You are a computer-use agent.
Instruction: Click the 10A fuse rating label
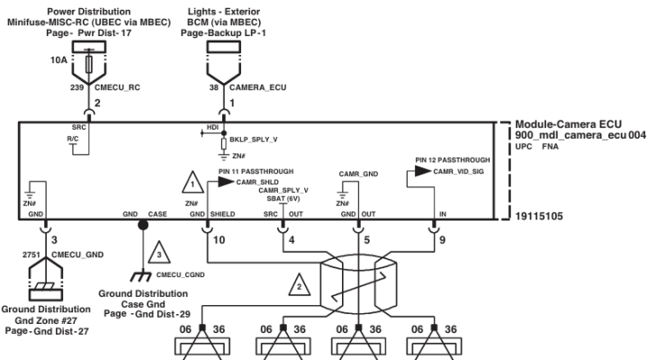58,60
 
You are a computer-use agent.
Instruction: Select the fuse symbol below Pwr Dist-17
89,64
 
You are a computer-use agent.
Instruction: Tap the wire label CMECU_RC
118,87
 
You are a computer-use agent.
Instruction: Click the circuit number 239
76,87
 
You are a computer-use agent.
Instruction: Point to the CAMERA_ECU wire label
257,87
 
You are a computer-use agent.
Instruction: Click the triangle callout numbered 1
193,183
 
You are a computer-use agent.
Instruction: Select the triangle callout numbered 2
299,285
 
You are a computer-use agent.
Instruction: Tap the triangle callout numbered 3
159,253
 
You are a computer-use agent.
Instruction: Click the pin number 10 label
220,240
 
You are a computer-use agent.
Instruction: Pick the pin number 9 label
442,240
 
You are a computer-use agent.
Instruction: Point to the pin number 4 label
292,240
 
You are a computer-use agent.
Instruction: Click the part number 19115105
539,216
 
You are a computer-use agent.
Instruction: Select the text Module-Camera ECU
568,124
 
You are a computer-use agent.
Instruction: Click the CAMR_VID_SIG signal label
459,171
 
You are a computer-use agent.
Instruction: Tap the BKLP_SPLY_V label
254,139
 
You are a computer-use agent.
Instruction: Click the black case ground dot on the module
143,225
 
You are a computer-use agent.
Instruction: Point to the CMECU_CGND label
180,274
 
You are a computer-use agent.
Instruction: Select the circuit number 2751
31,255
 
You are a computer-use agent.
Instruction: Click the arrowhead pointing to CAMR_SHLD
227,182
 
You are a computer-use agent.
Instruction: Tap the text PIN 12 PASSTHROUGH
453,160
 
